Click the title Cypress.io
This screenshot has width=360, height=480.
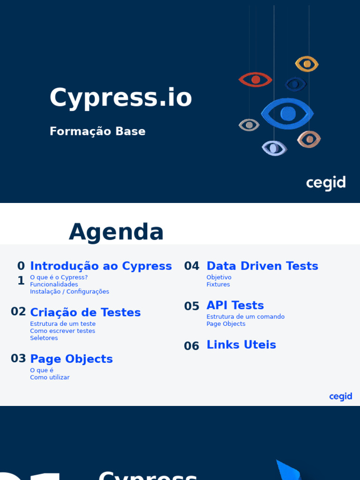[x=121, y=98]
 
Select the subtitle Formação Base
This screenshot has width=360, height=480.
[x=97, y=131]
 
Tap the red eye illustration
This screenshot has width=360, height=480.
[x=255, y=80]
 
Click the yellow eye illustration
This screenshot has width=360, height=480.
[x=307, y=64]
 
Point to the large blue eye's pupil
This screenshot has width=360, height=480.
[x=288, y=113]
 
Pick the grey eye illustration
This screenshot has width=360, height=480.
[x=249, y=125]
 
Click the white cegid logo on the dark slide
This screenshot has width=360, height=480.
[x=326, y=183]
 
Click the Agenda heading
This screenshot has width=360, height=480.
[x=116, y=232]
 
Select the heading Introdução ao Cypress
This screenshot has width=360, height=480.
[x=101, y=266]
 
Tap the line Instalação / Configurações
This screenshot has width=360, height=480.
[x=69, y=292]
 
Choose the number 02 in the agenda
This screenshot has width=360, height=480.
[x=18, y=312]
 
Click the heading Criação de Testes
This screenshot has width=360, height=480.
[x=85, y=312]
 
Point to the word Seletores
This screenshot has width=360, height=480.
[x=44, y=338]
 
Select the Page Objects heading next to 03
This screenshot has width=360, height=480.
[x=71, y=359]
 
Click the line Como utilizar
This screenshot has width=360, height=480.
[x=50, y=377]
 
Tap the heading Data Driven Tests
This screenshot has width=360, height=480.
[x=262, y=266]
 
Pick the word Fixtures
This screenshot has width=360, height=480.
[x=218, y=285]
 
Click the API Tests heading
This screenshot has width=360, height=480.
[x=235, y=305]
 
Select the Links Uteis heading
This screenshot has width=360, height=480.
[x=241, y=345]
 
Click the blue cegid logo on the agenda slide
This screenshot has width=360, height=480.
[x=340, y=397]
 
